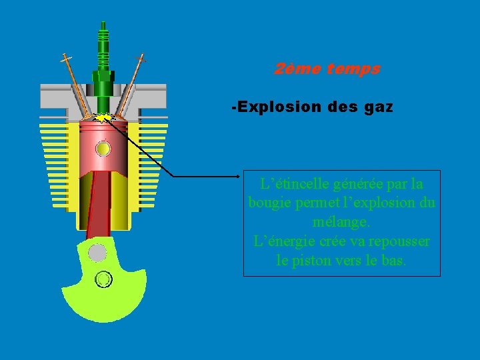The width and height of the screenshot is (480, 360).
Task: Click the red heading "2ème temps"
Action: (x=327, y=69)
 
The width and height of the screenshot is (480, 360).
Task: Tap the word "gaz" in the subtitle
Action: (x=379, y=107)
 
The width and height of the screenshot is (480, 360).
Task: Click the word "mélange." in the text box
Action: (x=341, y=221)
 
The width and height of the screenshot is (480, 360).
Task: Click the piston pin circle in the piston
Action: (x=103, y=148)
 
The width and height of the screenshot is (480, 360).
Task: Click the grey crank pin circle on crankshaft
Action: (x=97, y=253)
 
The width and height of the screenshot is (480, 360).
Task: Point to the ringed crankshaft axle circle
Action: (x=103, y=279)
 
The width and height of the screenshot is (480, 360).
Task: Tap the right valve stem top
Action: (x=141, y=58)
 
